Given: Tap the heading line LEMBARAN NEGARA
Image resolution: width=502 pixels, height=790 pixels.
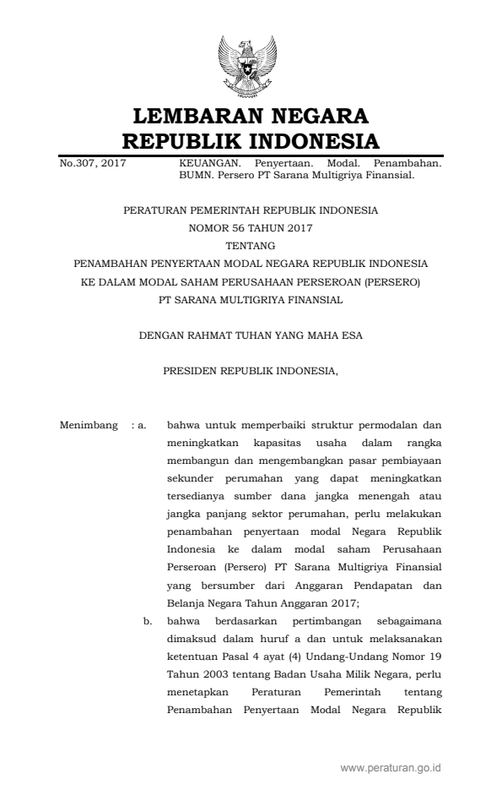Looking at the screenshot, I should point(251,115).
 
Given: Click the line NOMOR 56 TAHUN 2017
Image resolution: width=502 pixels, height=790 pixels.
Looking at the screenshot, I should point(251,227).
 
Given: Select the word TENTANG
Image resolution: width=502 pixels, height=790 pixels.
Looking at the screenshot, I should point(251,245).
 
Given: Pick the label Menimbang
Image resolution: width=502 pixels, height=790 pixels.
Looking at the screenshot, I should point(89,424).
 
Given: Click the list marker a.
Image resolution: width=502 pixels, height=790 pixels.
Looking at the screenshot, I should point(143,424).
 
